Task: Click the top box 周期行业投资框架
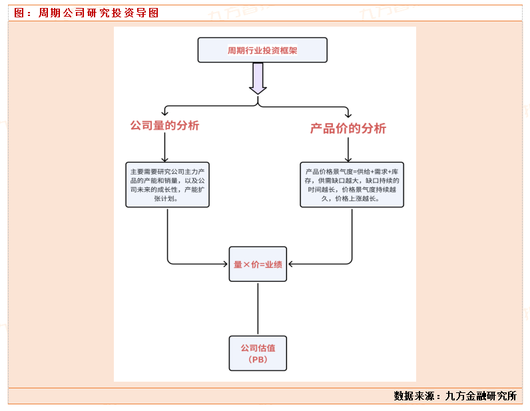pyautogui.click(x=262, y=50)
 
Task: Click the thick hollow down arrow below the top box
pyautogui.click(x=258, y=79)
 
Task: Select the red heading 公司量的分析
pyautogui.click(x=164, y=125)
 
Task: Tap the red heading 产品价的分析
pyautogui.click(x=348, y=129)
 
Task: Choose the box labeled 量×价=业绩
pyautogui.click(x=258, y=264)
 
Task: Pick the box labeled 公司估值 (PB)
pyautogui.click(x=258, y=353)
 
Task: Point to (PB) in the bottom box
pyautogui.click(x=258, y=360)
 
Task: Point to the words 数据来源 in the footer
pyautogui.click(x=413, y=396)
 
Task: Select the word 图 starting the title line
pyautogui.click(x=19, y=13)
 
